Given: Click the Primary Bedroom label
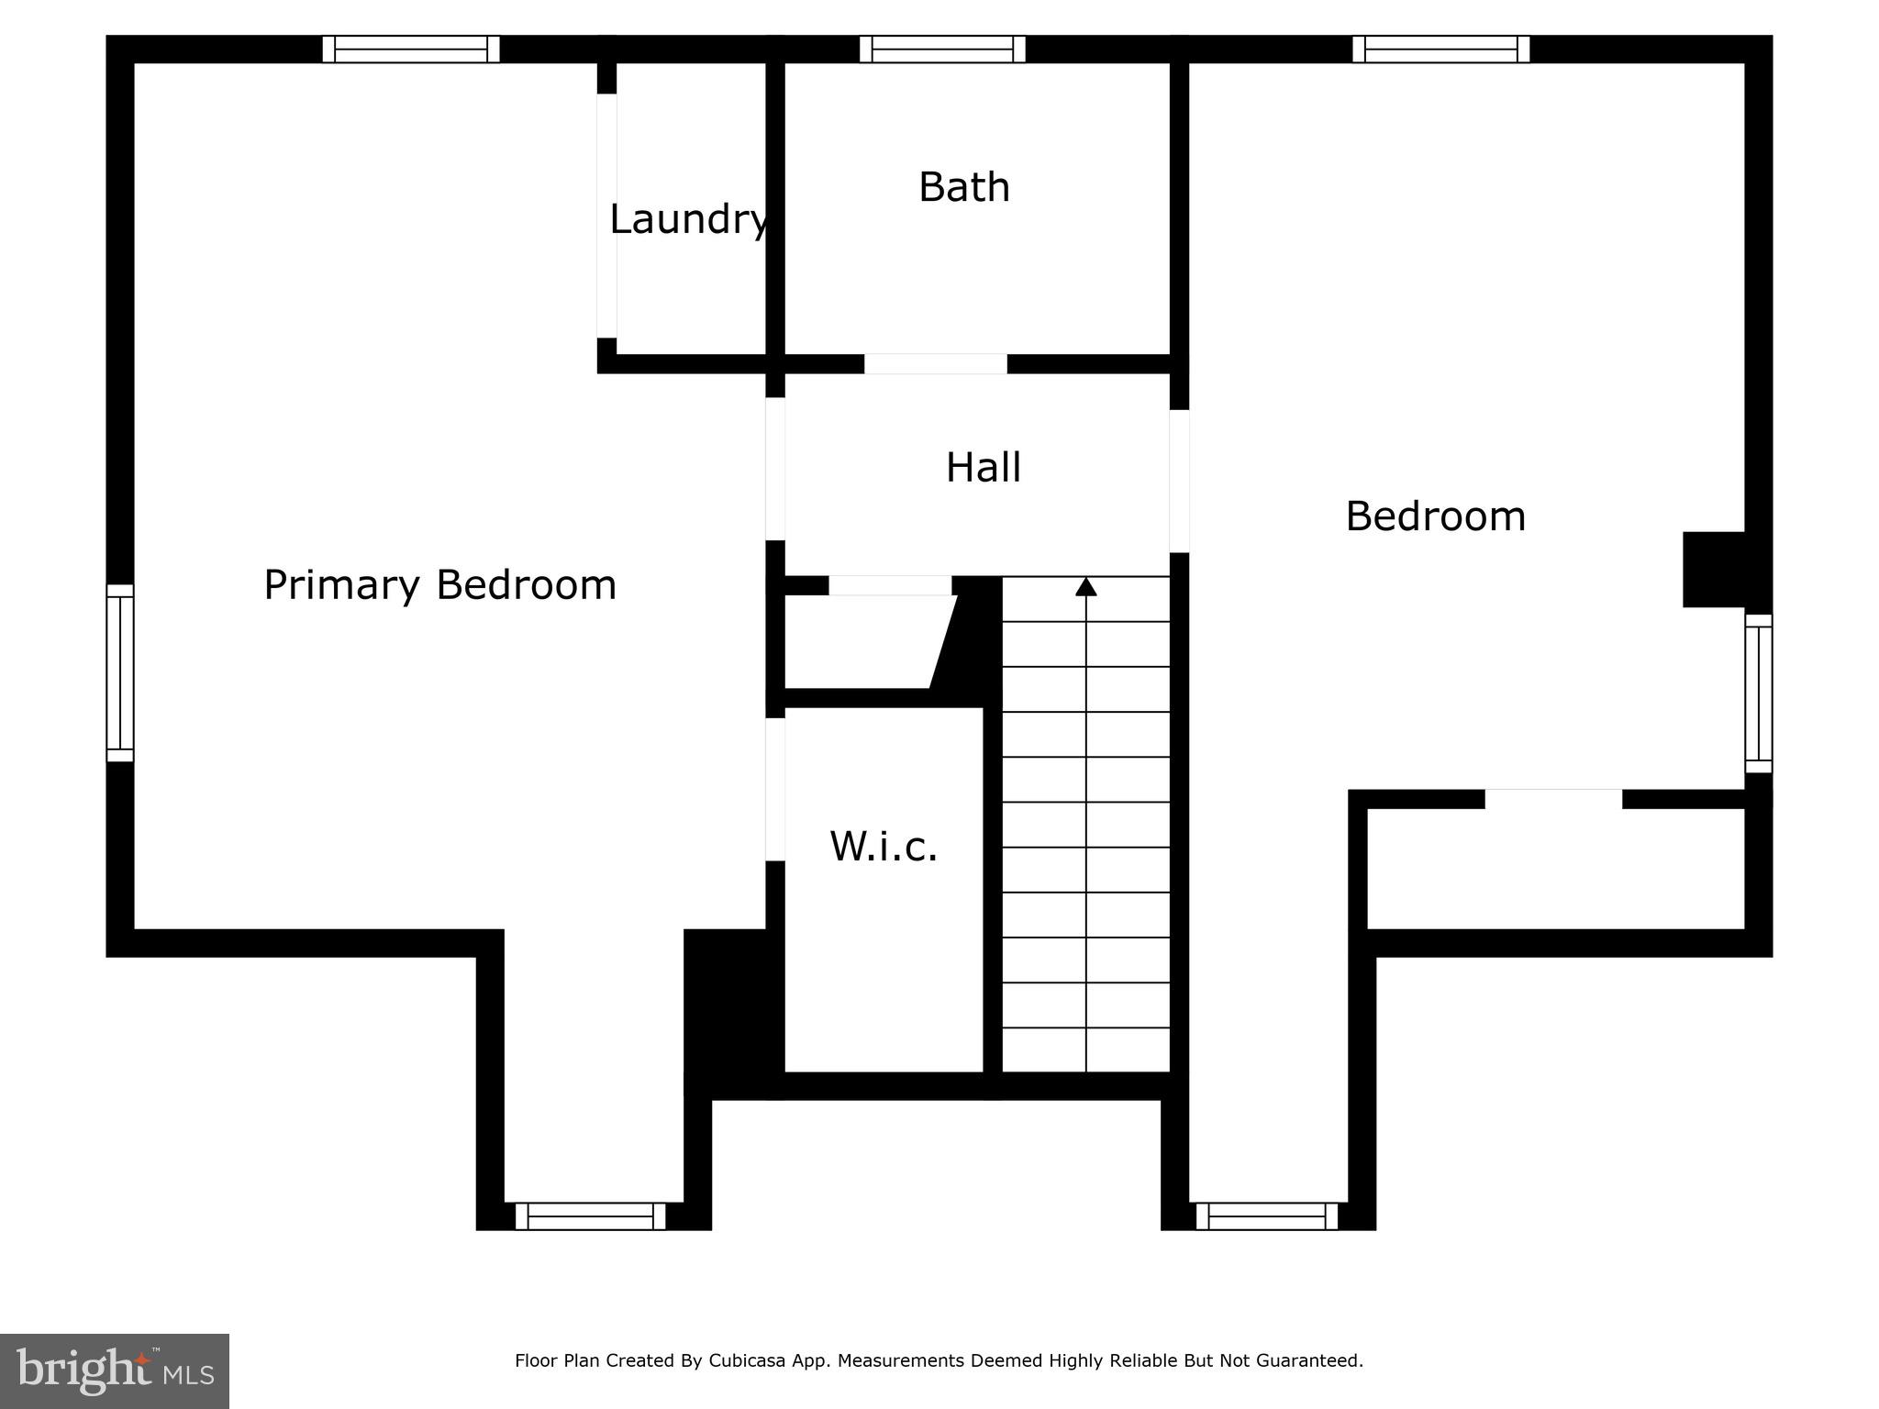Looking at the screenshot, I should tap(439, 585).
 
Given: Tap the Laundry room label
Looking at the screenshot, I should tap(689, 219).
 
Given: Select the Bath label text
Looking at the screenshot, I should tap(964, 187).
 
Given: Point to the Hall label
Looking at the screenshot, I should tap(983, 468).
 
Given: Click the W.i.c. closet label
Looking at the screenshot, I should tap(884, 847).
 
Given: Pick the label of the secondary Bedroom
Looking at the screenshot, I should tap(1435, 516).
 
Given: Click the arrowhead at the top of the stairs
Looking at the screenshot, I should tap(1086, 586).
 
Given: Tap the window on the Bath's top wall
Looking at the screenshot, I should tap(942, 50).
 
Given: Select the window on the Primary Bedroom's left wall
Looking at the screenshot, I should tap(120, 673).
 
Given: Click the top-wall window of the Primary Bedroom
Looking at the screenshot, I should tap(411, 50).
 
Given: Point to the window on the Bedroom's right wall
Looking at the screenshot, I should tap(1758, 693).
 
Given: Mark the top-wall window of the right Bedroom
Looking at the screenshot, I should tap(1440, 50).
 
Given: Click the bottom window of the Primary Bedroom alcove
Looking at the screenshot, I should tap(590, 1216).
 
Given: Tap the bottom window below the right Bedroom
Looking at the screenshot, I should tap(1267, 1216).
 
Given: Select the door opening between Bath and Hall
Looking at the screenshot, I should tap(936, 364).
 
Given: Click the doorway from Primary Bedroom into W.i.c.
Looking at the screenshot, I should tap(775, 789).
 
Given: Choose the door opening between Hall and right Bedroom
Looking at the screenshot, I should tap(1180, 481).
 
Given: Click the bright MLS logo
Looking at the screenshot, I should tap(115, 1370).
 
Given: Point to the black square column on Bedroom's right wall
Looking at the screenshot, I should tap(1713, 570).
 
